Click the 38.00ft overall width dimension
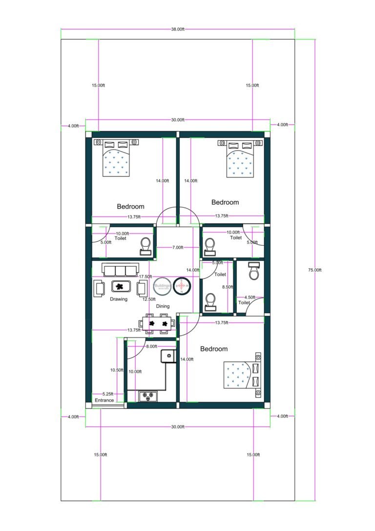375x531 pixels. (178, 29)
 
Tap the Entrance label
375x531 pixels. (104, 400)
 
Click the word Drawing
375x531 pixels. (119, 299)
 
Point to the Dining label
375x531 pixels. (163, 306)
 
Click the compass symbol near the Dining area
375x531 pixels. (183, 286)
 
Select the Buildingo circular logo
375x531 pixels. (162, 286)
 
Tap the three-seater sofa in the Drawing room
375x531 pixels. (120, 270)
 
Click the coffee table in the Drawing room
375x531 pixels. (120, 287)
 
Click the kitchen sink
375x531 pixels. (167, 356)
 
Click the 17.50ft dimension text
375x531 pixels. (145, 276)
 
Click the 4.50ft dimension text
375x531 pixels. (249, 297)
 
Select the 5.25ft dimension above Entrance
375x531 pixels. (108, 394)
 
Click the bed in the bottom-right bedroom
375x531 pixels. (242, 375)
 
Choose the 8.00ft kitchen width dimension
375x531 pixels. (151, 346)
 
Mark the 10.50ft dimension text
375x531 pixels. (117, 370)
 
